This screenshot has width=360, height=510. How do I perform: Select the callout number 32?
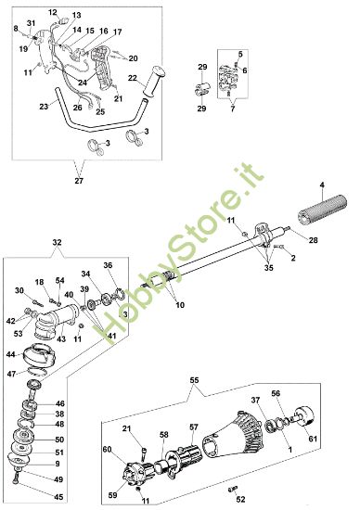(x=58, y=241)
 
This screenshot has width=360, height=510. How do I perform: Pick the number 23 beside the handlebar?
(x=44, y=107)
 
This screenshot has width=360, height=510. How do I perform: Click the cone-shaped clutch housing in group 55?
(x=233, y=426)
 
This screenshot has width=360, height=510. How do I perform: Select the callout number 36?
(x=108, y=265)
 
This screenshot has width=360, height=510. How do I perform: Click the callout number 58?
(x=164, y=434)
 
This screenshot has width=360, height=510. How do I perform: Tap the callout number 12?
(x=53, y=12)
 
